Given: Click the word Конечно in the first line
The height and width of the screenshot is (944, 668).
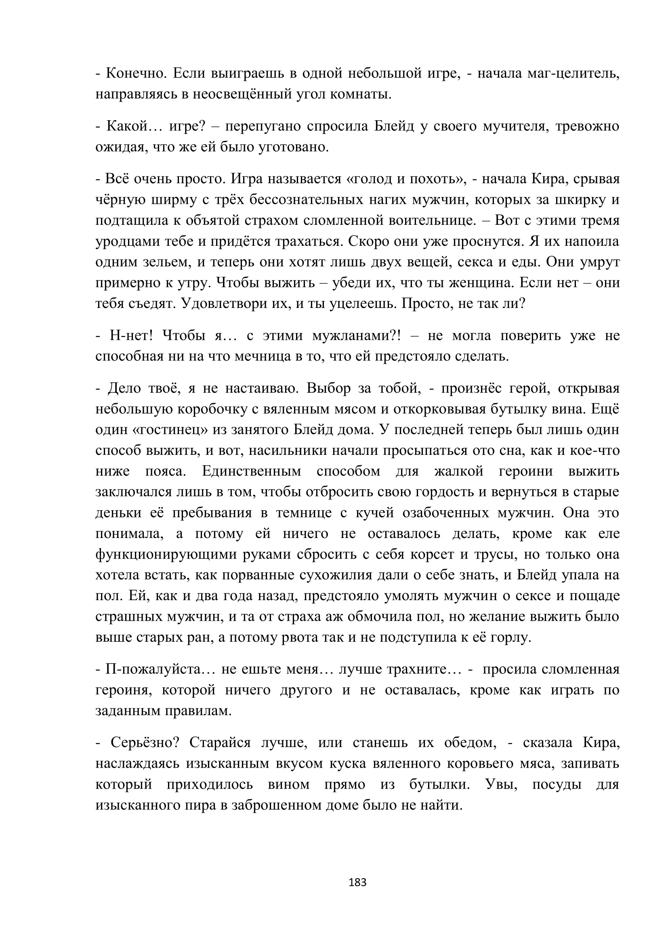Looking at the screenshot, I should point(136,73).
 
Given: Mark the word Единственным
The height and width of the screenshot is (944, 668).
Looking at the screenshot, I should point(252,471).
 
